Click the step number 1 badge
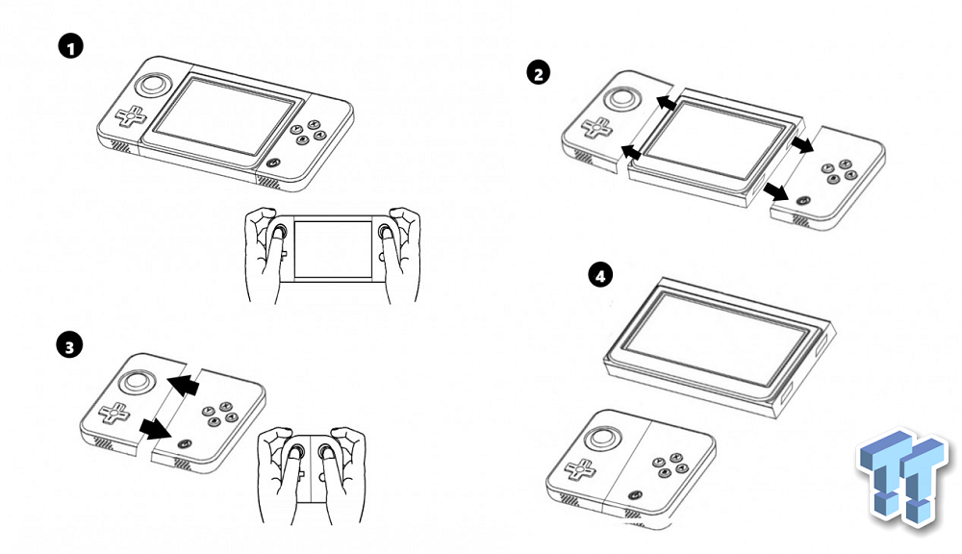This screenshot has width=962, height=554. point(70,46)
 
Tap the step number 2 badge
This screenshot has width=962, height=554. point(538,74)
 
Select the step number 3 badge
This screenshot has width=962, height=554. point(68,345)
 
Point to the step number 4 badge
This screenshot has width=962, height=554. point(600,274)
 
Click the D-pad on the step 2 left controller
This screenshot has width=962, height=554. point(597,128)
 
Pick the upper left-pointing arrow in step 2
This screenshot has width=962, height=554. point(667,103)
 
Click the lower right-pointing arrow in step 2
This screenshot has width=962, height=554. point(777,192)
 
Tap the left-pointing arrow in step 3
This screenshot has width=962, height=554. point(184,385)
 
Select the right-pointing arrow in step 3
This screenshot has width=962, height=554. point(155,429)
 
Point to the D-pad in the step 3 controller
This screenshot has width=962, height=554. point(114,413)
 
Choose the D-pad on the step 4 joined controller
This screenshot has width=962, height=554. point(580,469)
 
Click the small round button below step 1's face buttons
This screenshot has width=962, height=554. point(273,164)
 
